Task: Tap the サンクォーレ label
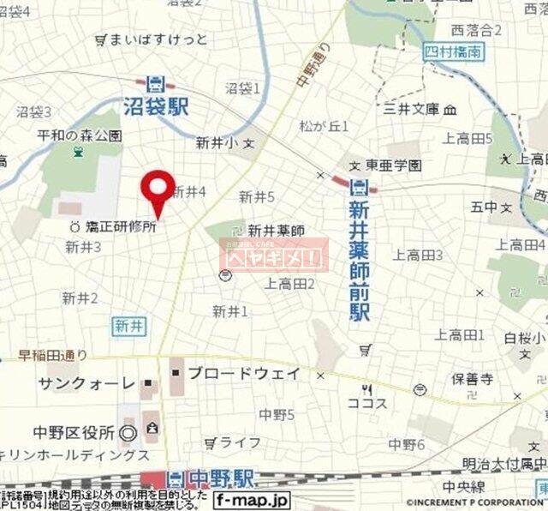86,382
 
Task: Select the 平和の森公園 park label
81,135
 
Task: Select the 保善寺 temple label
473,376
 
